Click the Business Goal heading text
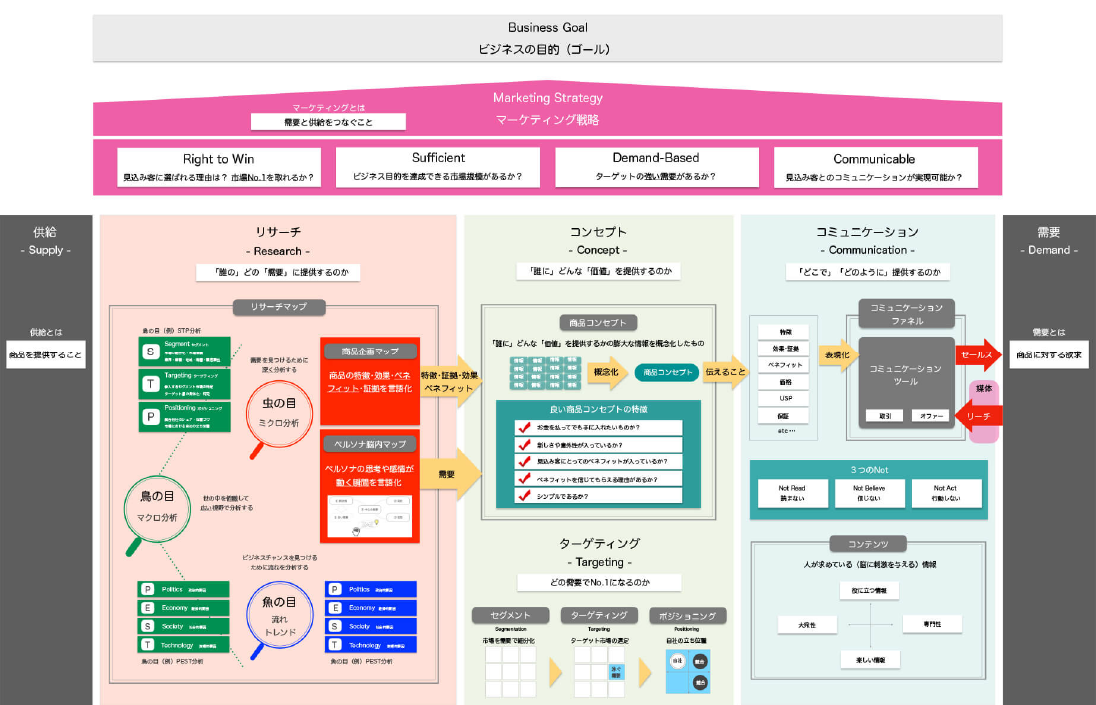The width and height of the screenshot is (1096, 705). click(547, 27)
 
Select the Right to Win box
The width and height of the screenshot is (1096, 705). click(218, 167)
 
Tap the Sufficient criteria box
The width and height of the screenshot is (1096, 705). click(438, 167)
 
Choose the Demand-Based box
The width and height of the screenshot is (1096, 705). click(656, 167)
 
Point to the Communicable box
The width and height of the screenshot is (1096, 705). click(874, 167)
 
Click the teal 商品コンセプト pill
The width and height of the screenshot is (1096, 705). click(666, 372)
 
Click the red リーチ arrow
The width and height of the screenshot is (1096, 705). click(976, 414)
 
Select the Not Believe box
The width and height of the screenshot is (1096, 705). click(868, 493)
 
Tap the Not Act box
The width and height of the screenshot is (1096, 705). click(945, 493)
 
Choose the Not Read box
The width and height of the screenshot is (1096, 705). click(791, 493)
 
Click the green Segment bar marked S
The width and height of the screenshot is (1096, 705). click(184, 350)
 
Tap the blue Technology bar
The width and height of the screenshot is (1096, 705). click(370, 645)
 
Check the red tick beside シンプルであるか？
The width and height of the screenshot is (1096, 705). click(523, 496)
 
